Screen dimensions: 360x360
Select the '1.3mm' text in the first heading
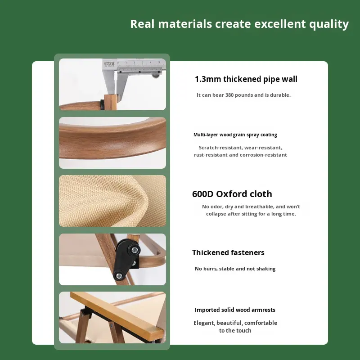coord(208,79)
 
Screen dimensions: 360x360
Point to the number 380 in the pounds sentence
coord(229,95)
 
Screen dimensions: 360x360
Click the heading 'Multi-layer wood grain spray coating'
coord(235,135)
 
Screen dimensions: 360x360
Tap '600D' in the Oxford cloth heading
coord(203,194)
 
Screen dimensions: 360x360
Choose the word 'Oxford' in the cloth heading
coord(231,194)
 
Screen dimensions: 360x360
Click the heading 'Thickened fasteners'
coord(228,252)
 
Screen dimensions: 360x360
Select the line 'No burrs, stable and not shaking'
coord(235,269)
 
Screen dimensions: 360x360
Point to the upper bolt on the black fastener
coord(135,250)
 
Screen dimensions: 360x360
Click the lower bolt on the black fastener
coord(118,275)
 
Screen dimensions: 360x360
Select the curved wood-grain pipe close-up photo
coord(112,143)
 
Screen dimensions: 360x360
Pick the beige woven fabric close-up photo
coord(112,201)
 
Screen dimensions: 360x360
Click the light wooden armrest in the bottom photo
coord(117,313)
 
